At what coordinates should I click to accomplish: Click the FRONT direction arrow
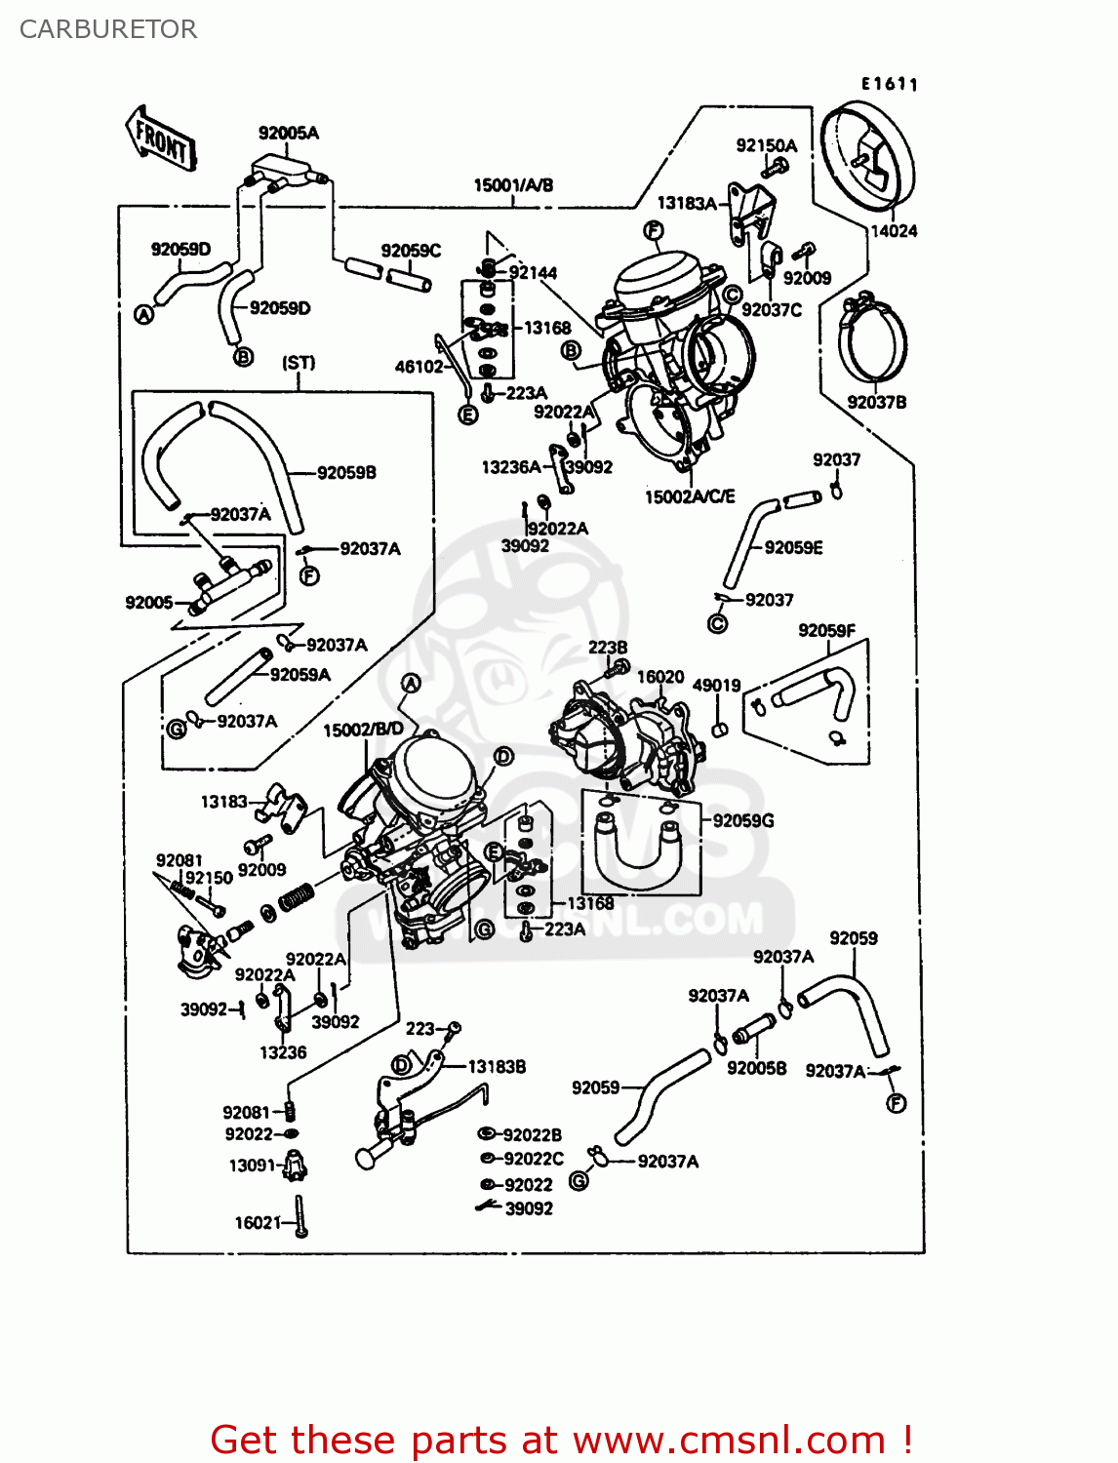[x=162, y=140]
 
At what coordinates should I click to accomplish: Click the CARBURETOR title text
[x=108, y=29]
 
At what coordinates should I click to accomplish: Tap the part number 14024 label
[x=894, y=231]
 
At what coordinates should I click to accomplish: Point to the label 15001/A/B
[x=513, y=185]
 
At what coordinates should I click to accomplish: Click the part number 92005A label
[x=288, y=133]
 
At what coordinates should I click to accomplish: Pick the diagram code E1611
[x=889, y=85]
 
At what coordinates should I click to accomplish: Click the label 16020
[x=660, y=677]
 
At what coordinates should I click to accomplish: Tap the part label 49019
[x=716, y=686]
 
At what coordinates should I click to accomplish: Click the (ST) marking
[x=299, y=363]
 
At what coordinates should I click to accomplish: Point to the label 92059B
[x=346, y=473]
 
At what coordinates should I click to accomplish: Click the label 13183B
[x=497, y=1067]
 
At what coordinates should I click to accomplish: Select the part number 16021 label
[x=258, y=1223]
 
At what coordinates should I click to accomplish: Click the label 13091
[x=252, y=1166]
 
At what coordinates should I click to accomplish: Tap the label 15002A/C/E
[x=690, y=497]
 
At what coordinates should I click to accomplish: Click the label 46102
[x=419, y=367]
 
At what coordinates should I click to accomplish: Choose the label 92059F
[x=826, y=631]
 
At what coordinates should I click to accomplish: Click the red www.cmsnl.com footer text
[x=561, y=1441]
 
